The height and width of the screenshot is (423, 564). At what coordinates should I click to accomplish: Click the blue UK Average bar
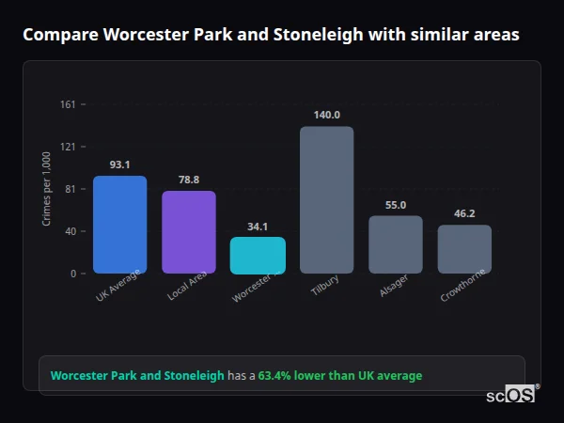[119, 225]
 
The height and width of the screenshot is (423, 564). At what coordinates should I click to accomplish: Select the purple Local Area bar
[189, 232]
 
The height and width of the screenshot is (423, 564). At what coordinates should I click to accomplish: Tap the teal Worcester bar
[258, 255]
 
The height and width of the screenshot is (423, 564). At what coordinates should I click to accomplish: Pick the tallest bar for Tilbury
[326, 199]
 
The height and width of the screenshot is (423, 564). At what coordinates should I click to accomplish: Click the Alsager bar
[395, 244]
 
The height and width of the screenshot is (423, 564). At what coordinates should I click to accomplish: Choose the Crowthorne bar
[464, 249]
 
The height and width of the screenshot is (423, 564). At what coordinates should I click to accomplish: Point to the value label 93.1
[119, 164]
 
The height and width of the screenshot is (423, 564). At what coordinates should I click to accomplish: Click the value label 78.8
[189, 180]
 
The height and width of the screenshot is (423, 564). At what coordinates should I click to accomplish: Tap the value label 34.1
[258, 226]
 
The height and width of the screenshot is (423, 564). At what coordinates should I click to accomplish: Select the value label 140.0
[326, 115]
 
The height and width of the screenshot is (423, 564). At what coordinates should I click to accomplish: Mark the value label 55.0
[395, 205]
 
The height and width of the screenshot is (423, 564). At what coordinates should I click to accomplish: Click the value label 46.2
[464, 213]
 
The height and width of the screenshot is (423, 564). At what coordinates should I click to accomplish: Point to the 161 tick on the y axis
[68, 104]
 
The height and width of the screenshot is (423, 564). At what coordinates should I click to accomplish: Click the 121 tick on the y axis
[68, 147]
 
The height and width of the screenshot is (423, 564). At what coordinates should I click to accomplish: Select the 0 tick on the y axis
[72, 274]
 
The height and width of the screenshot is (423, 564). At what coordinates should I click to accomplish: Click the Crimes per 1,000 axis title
[47, 189]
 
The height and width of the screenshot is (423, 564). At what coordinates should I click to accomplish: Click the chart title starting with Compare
[270, 35]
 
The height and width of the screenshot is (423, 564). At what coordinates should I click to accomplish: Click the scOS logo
[511, 396]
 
